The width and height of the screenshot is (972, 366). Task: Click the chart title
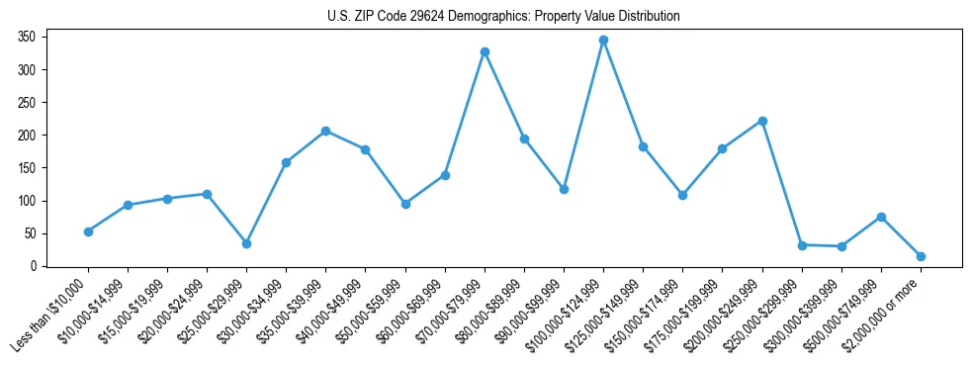[503, 17]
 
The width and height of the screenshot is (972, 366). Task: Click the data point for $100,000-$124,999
[603, 41]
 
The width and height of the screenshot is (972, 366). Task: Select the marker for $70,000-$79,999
[485, 51]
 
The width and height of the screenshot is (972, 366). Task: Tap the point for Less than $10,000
[88, 231]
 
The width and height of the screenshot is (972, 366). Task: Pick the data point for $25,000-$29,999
[246, 243]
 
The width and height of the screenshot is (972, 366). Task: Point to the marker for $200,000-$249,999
[762, 121]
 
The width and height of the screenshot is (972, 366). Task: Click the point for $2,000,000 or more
[921, 256]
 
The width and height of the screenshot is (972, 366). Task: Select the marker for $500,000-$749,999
[881, 217]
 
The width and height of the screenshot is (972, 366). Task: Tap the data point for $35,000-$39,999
[325, 131]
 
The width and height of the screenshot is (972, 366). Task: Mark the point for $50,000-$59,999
[405, 204]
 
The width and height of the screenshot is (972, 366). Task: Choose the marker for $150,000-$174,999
[682, 195]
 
